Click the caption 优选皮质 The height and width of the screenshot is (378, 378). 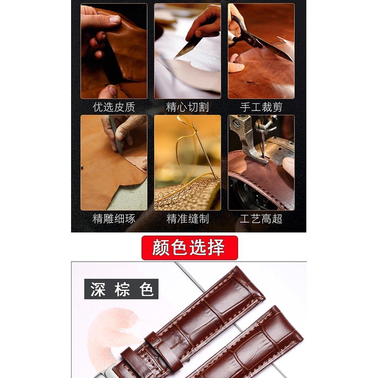[114, 107]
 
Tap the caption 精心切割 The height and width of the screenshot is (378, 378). [187, 107]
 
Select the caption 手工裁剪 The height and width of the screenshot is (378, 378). [261, 107]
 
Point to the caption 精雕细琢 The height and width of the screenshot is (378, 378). [114, 219]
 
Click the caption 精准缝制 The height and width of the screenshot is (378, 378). [187, 219]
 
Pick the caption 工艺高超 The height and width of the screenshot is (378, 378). [261, 219]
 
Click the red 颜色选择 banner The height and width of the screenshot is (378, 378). [190, 248]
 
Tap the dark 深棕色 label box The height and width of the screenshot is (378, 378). [121, 289]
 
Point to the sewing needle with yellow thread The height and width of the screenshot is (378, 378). [204, 150]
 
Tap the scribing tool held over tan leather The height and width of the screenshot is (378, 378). [116, 135]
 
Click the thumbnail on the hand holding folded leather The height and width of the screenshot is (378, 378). [114, 19]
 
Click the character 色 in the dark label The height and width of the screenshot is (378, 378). [146, 289]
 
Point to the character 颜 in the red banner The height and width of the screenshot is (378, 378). [161, 247]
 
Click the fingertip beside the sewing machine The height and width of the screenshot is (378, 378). [288, 166]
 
